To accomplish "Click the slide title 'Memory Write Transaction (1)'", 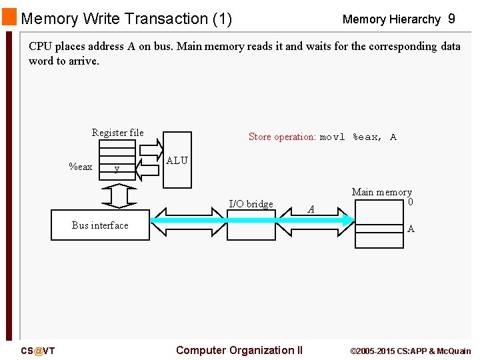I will point(126,19).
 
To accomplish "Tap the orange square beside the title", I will point(9,17).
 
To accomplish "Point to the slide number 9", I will point(451,19).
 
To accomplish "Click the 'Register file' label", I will point(117,133).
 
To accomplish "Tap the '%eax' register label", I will point(81,167).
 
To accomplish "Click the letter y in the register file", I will point(117,169).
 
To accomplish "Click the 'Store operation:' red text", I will point(282,137).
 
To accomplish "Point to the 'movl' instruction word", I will point(332,137).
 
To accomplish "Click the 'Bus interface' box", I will point(100,225).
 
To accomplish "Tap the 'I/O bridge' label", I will point(251,204).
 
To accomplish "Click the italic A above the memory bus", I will point(311,209).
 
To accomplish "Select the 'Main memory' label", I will point(381,192).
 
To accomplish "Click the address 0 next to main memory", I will point(411,202).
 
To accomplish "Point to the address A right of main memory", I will point(411,229).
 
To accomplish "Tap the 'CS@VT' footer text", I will point(38,351).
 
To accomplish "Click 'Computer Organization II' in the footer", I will point(239,351).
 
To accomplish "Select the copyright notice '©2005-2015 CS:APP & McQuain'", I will point(410,351).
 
